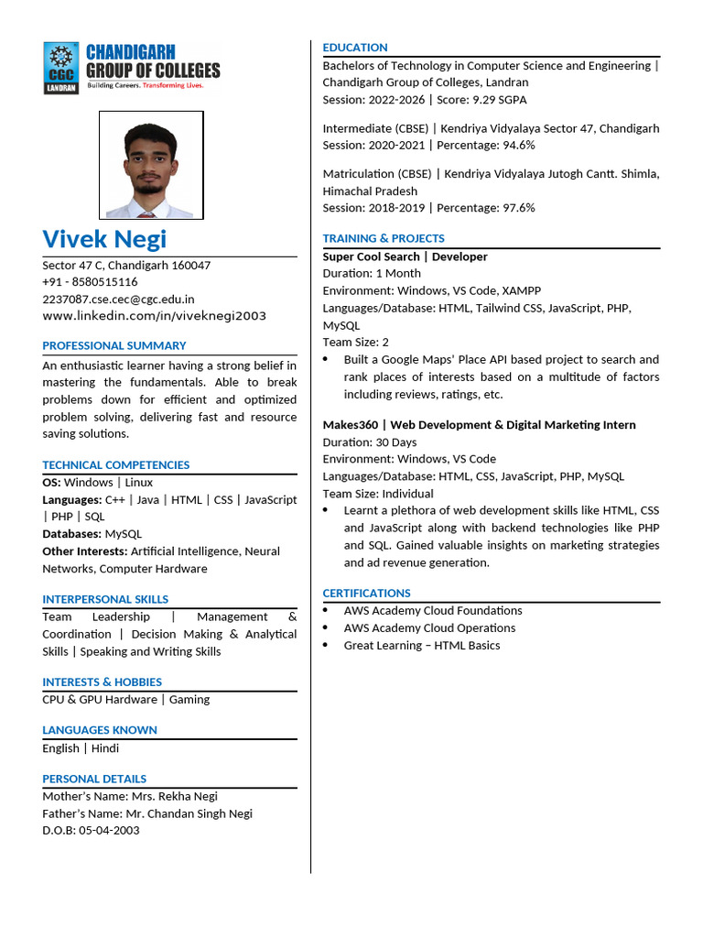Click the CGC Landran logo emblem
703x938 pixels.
click(x=61, y=67)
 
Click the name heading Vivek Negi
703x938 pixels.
click(x=104, y=239)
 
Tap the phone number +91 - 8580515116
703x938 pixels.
click(x=90, y=282)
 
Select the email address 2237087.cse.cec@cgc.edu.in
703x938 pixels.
click(x=118, y=299)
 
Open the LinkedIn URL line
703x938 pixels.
click(x=154, y=316)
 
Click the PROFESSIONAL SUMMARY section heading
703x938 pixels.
click(x=114, y=345)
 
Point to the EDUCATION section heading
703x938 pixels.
click(x=355, y=48)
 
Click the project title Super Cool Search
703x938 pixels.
click(x=371, y=257)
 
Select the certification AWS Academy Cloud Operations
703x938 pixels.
click(x=429, y=628)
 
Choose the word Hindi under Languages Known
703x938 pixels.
click(x=105, y=748)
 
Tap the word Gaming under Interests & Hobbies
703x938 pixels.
click(x=189, y=700)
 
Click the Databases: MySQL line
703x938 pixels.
click(x=92, y=534)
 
